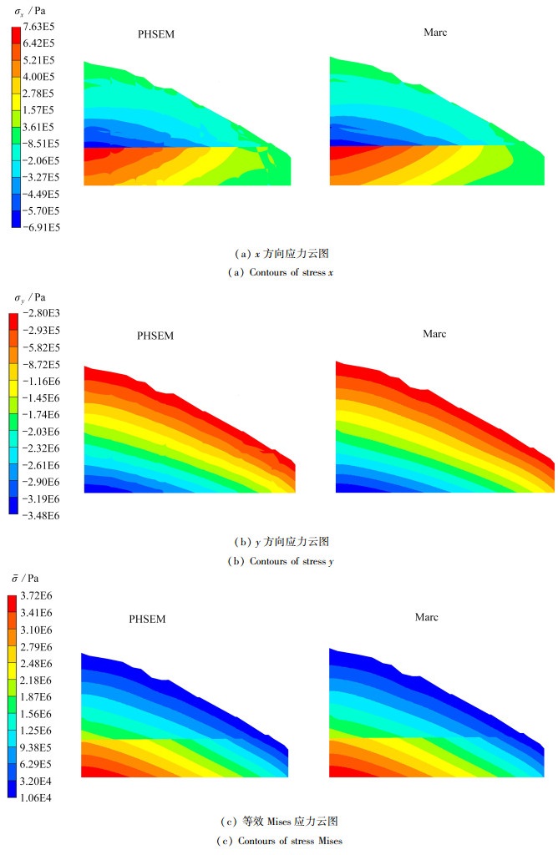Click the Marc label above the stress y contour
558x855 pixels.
[x=434, y=334]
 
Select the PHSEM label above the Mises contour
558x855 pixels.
[x=147, y=620]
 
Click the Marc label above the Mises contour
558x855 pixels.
[x=427, y=617]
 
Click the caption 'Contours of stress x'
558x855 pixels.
[x=278, y=272]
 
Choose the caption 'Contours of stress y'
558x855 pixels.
[x=280, y=561]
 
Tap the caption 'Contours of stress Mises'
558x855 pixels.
[x=279, y=840]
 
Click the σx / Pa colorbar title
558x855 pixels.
[x=29, y=11]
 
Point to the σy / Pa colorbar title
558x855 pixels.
[x=30, y=297]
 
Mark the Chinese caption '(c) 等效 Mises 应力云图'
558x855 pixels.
[x=279, y=822]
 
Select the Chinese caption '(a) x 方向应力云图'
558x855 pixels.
[x=279, y=253]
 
